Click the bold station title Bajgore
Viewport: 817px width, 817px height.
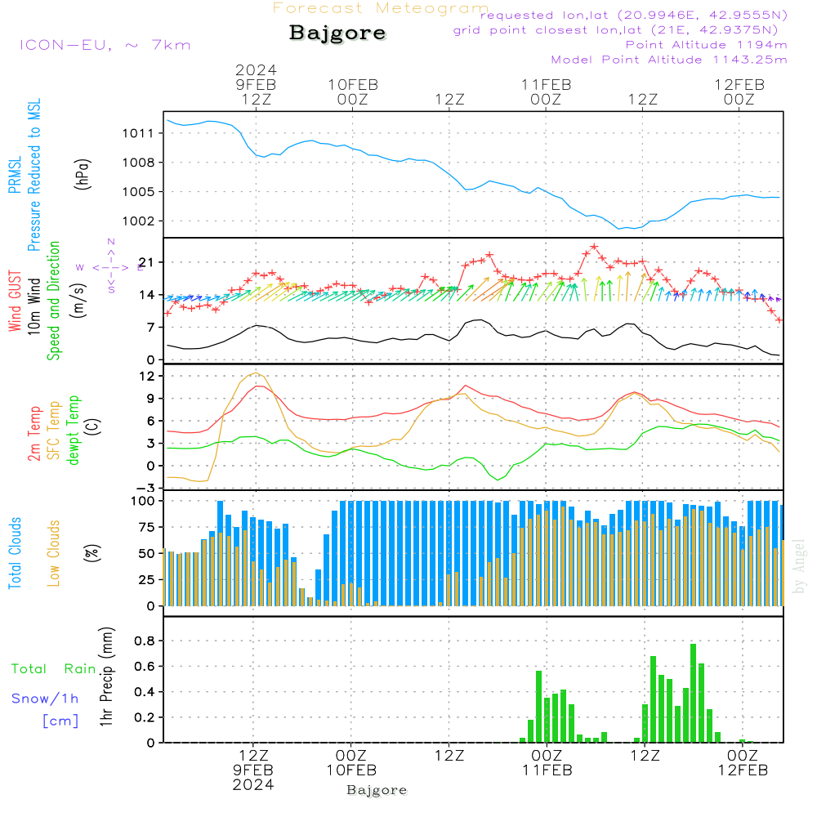337,33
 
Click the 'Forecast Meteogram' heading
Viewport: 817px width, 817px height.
381,9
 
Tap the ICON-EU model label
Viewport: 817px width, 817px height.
105,45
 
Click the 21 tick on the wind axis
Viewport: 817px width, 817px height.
147,262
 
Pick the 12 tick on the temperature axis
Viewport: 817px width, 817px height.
147,376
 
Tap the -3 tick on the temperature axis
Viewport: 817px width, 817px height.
147,488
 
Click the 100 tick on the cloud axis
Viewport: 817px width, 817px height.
143,501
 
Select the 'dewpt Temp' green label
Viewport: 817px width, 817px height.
74,431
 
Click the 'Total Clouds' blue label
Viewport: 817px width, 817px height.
15,553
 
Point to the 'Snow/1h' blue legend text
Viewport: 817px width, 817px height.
46,699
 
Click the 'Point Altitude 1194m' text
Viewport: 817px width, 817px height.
706,44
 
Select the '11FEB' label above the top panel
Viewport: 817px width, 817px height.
546,84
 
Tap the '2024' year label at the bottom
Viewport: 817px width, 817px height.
253,784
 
